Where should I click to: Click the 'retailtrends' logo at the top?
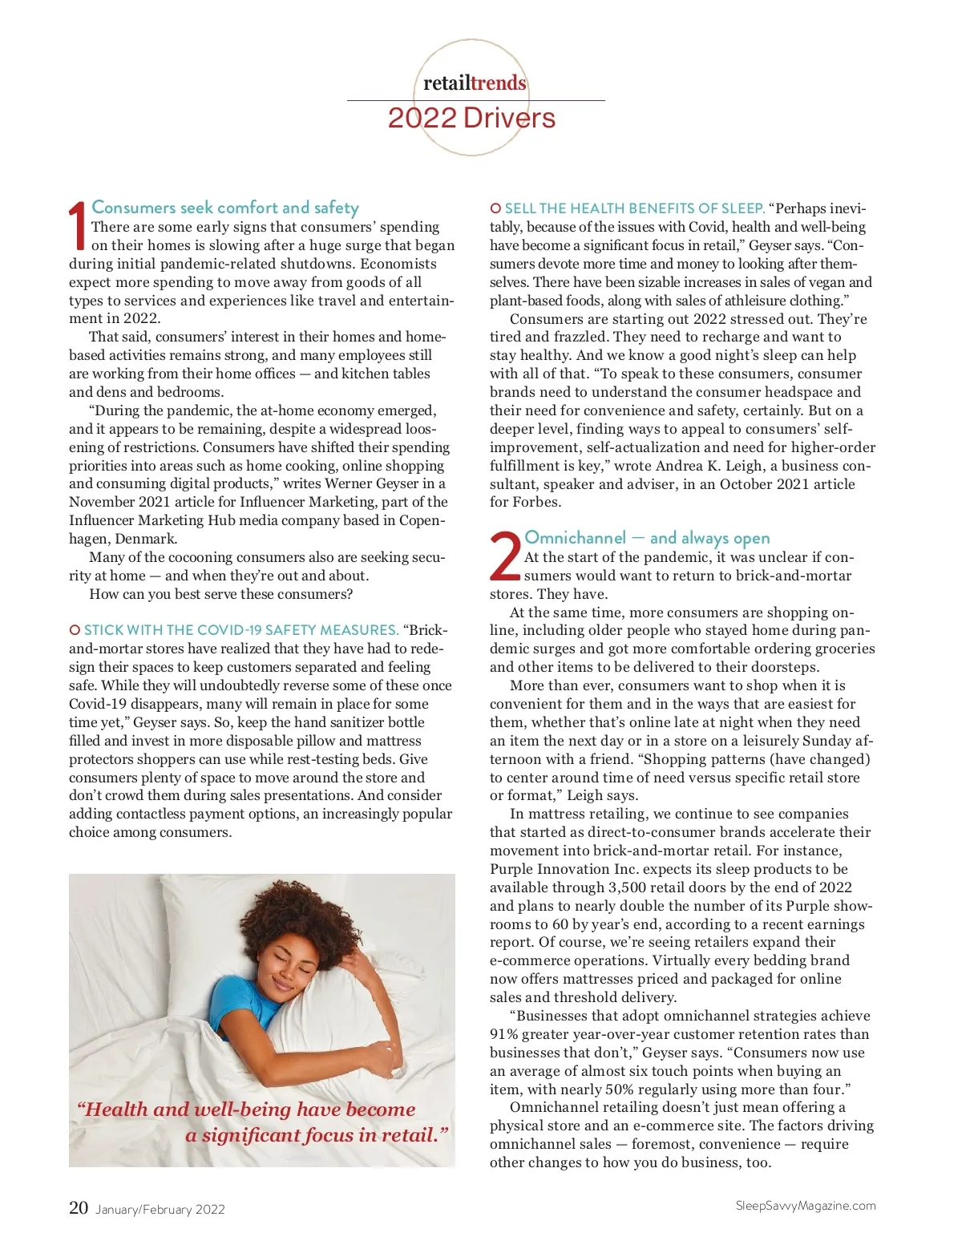click(x=475, y=83)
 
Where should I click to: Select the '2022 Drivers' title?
click(x=471, y=119)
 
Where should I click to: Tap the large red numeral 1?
click(x=78, y=226)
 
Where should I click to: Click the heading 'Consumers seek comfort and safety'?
click(x=225, y=208)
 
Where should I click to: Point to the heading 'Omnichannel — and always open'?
click(x=647, y=538)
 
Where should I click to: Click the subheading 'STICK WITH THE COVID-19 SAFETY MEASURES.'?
click(x=240, y=630)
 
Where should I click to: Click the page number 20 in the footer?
click(x=79, y=1207)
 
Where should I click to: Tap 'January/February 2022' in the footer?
click(x=160, y=1209)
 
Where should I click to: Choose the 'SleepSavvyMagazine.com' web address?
click(x=806, y=1206)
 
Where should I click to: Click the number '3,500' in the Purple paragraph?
click(x=628, y=887)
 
